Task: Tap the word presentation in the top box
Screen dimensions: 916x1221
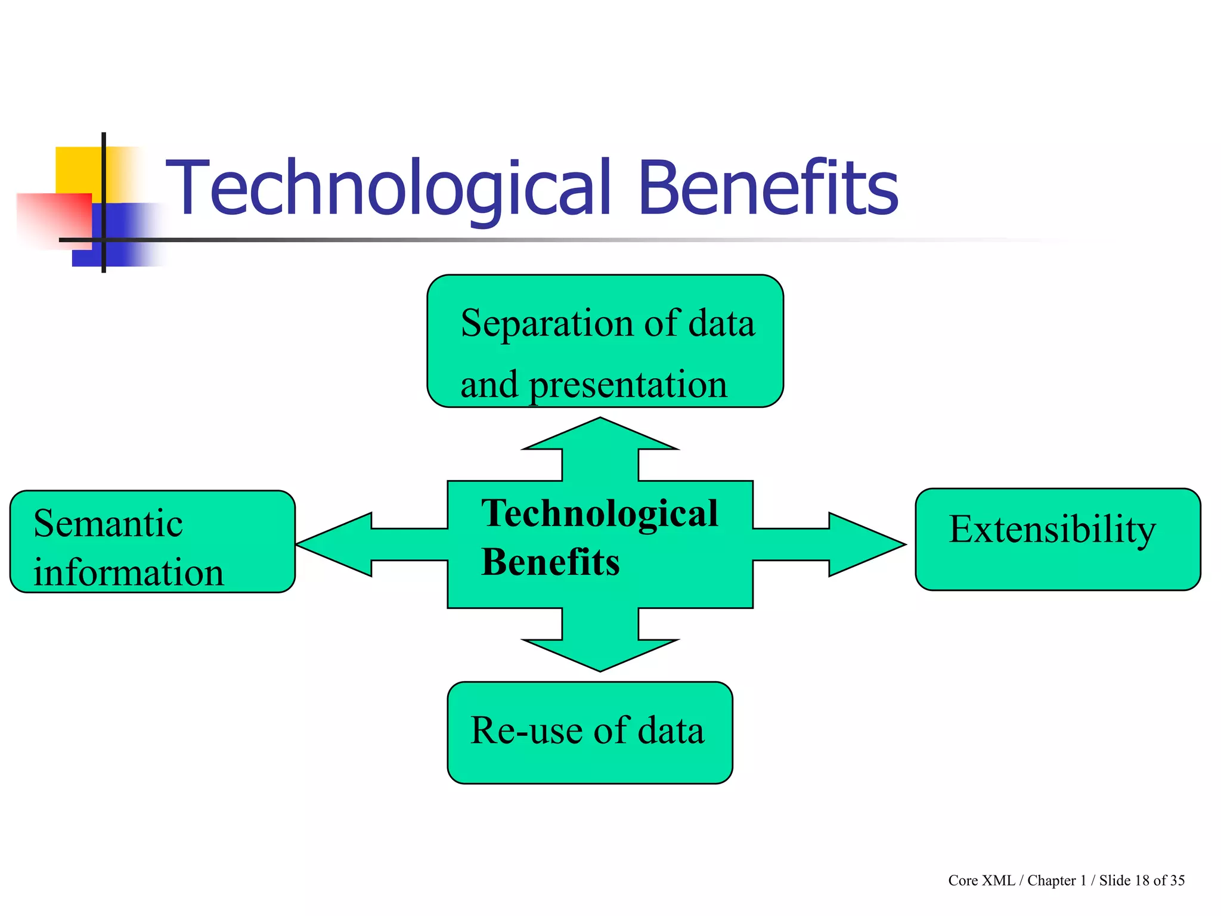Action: (628, 385)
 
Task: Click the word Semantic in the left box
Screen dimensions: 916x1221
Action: (108, 524)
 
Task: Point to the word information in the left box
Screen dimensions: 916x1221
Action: (129, 573)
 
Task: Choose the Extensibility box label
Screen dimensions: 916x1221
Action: (1052, 530)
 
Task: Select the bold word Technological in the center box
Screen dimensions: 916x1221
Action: (599, 513)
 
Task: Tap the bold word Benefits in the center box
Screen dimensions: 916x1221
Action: (550, 562)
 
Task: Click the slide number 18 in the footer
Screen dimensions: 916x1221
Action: (1142, 881)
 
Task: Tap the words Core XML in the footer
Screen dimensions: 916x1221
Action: (981, 881)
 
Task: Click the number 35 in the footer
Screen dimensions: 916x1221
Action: (1177, 881)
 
